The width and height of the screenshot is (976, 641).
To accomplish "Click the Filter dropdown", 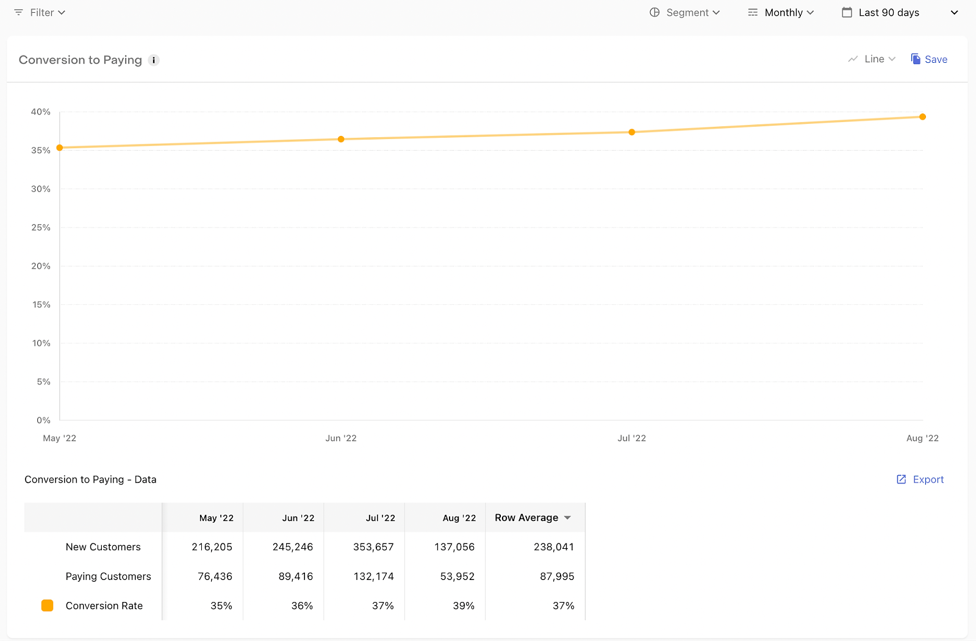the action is (40, 13).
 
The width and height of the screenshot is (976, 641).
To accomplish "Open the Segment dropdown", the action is (684, 13).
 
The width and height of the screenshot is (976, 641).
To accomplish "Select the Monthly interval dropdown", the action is (781, 13).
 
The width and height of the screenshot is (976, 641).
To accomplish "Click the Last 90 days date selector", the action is (900, 13).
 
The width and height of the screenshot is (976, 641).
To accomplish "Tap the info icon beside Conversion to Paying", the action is (153, 60).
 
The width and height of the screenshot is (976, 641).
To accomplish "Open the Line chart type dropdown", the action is (872, 59).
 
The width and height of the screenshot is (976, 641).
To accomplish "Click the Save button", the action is (929, 59).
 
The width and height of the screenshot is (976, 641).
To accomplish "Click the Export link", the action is (920, 479).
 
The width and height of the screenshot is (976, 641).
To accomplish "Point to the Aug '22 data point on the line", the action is (922, 116).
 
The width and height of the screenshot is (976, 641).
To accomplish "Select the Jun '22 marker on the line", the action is (341, 139).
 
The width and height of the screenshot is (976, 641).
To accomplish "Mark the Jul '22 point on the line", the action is (632, 132).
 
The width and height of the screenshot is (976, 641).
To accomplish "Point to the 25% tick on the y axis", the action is (40, 227).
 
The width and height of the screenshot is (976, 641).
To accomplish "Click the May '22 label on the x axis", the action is (59, 438).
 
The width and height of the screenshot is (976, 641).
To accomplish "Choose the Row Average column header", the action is (533, 518).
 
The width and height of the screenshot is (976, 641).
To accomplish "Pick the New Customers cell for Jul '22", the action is (373, 547).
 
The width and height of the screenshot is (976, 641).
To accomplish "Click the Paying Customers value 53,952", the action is (457, 576).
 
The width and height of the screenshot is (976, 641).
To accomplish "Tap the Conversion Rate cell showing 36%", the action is (302, 606).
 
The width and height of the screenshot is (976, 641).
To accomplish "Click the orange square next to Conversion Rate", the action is (47, 606).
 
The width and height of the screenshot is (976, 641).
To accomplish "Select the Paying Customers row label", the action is (108, 576).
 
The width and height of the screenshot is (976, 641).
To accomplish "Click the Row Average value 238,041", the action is (554, 547).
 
